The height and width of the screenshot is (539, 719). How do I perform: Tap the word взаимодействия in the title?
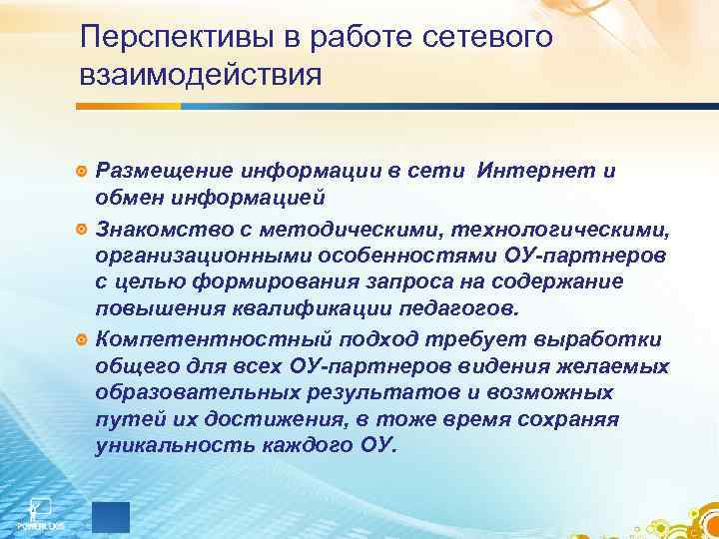(x=201, y=76)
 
